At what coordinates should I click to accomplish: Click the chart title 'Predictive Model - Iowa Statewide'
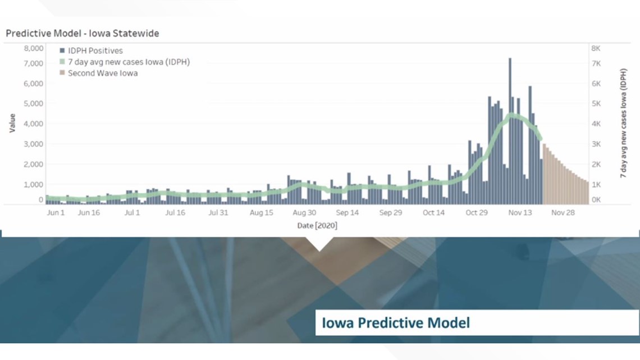83,34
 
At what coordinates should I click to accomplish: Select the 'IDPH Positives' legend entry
91,51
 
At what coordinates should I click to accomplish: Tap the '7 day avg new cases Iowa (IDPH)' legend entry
125,62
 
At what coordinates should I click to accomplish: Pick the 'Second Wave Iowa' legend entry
98,73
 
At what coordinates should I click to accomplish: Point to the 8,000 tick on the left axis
34,48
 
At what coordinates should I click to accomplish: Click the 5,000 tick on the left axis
34,104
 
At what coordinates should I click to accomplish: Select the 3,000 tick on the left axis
34,144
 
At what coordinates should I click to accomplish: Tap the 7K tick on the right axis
596,63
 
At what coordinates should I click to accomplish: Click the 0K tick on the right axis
596,199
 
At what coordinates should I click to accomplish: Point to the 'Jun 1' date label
56,213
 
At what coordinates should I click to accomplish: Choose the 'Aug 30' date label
304,213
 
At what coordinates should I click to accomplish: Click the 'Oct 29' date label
477,213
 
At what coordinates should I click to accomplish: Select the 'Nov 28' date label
563,213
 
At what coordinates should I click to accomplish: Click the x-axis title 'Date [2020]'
317,226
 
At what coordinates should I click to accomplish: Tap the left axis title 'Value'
12,123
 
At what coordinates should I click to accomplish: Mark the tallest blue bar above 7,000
510,131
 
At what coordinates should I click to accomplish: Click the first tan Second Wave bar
544,174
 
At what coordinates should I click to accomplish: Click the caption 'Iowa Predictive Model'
396,323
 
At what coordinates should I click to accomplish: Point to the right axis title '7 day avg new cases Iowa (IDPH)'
623,123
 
